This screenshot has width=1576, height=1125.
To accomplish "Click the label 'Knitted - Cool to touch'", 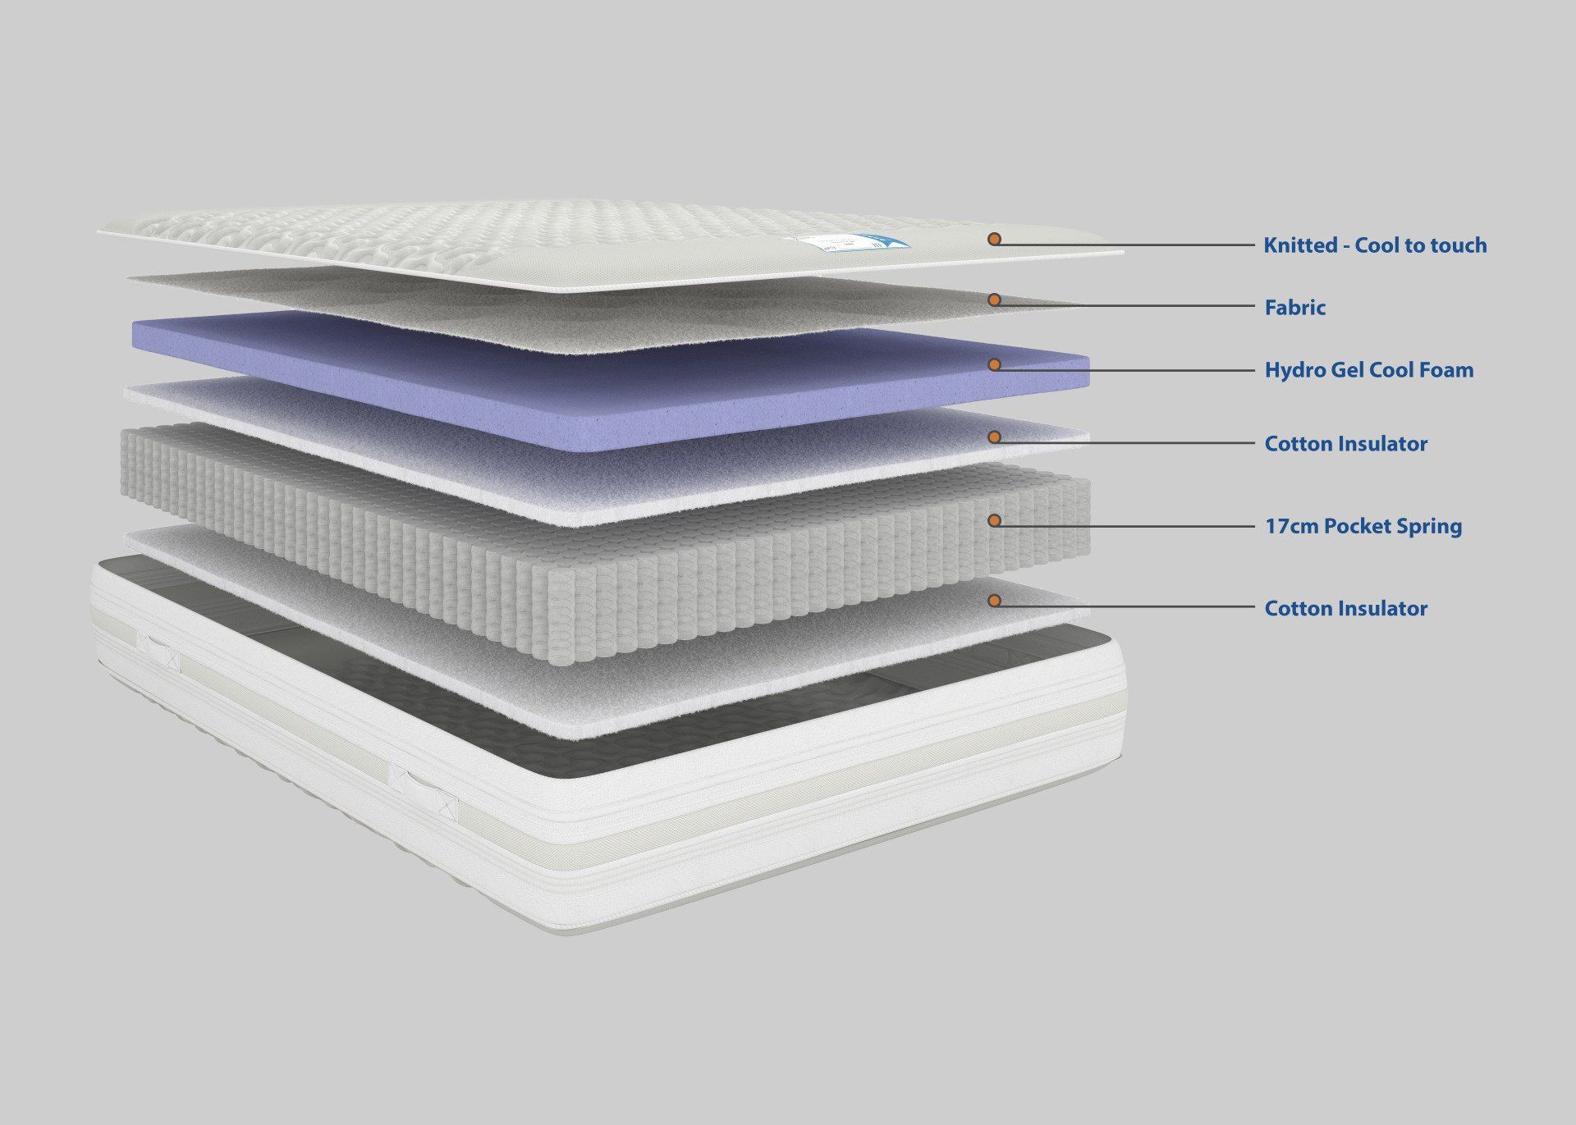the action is (1375, 245).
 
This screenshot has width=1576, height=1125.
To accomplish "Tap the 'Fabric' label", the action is (1295, 308).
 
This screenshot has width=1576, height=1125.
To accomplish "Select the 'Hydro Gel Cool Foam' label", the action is (1369, 370).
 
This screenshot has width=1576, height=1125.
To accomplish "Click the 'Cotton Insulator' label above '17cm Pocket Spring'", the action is (1346, 444).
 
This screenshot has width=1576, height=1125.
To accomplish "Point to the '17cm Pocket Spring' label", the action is (1363, 526).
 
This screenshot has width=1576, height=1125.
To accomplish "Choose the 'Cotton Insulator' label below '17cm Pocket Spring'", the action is (1346, 609).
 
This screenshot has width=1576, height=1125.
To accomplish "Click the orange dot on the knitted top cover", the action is (994, 239).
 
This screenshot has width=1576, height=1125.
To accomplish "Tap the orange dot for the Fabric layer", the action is (994, 300).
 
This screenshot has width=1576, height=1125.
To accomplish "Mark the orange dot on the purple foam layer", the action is (994, 364).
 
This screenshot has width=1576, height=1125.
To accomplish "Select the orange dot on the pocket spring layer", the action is (994, 519).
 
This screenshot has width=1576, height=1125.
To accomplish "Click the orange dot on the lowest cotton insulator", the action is (994, 601).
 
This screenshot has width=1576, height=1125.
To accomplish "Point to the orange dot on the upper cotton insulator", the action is (994, 437).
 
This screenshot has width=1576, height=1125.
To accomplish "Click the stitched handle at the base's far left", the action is (158, 651).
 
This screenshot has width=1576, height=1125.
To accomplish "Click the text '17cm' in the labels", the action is (1290, 526).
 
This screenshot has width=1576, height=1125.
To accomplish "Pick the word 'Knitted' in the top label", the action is (1298, 245).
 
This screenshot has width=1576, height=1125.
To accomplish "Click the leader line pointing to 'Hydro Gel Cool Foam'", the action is (1125, 370).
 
